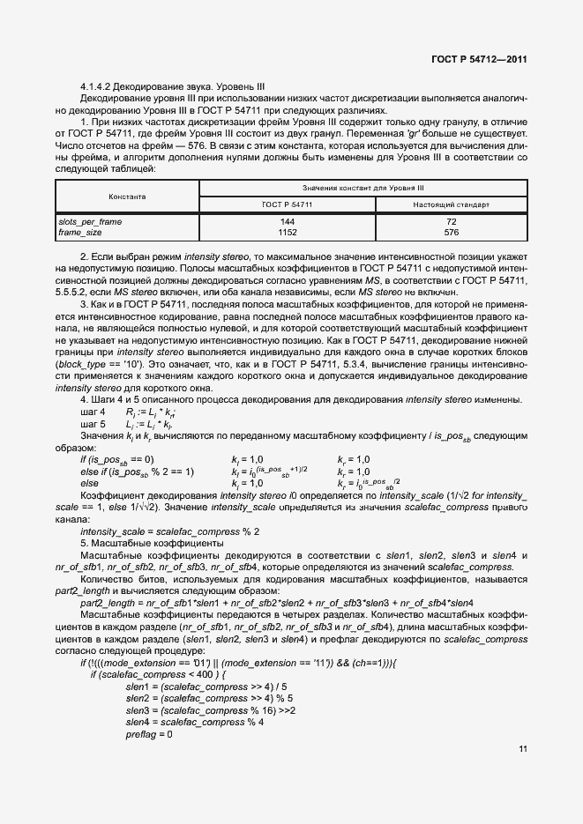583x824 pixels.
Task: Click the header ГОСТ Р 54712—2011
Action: pos(480,59)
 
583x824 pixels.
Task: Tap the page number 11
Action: pos(523,749)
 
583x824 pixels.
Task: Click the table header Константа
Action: pos(127,197)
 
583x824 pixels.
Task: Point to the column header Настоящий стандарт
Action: pos(451,204)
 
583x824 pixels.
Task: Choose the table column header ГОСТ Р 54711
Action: pos(287,204)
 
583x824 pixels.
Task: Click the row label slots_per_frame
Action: pos(90,221)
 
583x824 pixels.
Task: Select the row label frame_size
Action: pos(80,232)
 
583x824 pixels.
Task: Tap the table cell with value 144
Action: pos(287,221)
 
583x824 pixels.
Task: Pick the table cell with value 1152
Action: pos(287,232)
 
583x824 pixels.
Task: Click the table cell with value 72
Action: pos(451,221)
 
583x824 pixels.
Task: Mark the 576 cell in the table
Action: pos(451,232)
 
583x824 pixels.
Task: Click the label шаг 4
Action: pos(93,412)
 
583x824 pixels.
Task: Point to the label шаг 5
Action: pos(93,424)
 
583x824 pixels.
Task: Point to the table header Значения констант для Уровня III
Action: pos(363,188)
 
